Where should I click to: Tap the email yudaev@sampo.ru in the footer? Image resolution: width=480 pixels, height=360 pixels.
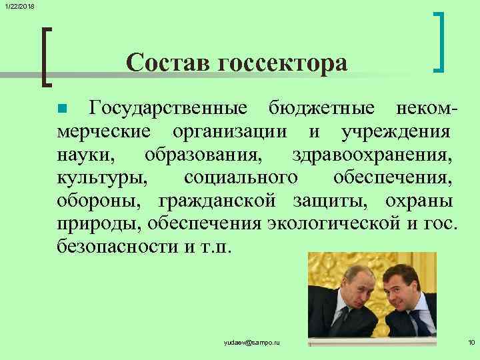253,342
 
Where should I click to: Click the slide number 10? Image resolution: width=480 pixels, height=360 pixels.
471,342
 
